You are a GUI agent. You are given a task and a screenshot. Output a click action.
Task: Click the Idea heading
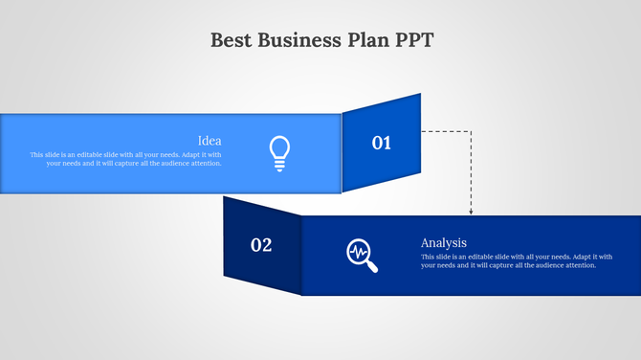[210, 141]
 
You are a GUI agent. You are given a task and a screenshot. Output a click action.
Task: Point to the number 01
[382, 143]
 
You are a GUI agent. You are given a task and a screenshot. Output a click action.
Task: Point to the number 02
[261, 245]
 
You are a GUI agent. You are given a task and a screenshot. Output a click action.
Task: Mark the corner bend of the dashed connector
[471, 131]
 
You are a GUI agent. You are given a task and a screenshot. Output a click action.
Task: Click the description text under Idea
[126, 159]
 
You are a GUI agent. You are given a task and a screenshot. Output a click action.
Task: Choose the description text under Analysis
[516, 260]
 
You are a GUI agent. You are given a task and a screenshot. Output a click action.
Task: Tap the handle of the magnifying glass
[371, 265]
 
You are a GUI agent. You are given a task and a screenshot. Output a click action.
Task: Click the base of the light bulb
[279, 166]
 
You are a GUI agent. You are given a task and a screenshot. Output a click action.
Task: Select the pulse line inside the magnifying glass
[359, 252]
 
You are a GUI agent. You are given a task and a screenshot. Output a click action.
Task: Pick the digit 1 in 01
[387, 143]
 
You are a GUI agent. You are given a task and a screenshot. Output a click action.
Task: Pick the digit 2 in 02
[267, 245]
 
